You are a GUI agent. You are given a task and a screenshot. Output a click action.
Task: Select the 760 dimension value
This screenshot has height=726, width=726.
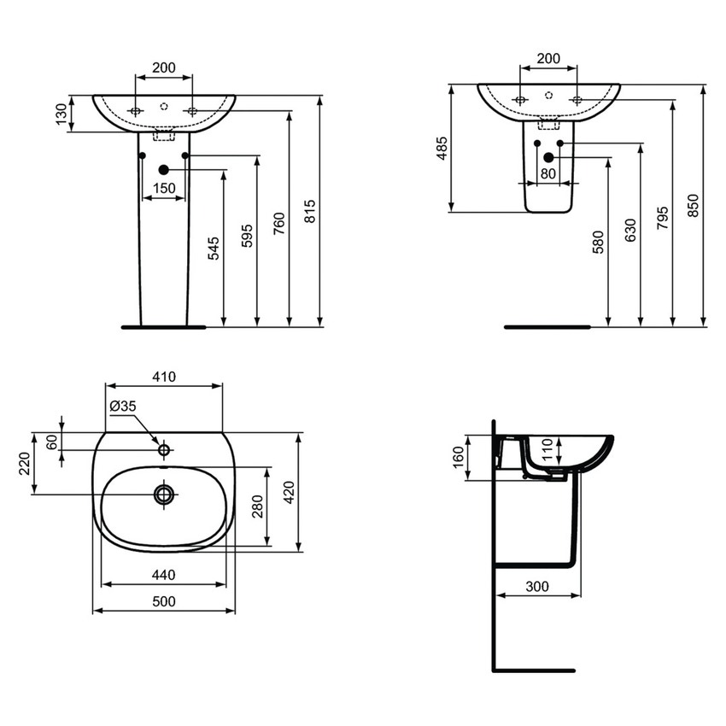279,222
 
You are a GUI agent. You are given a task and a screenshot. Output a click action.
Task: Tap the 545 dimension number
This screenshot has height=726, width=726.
214,249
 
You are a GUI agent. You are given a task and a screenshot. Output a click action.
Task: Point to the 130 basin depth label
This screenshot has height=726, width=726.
60,113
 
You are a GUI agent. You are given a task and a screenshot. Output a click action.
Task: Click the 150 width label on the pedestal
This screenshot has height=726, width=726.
164,188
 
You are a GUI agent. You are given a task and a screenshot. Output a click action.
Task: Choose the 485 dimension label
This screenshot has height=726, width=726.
441,149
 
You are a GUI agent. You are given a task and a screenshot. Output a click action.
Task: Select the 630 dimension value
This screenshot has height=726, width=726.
630,231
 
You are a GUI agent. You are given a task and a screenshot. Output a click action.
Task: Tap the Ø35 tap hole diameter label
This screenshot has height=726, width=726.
122,407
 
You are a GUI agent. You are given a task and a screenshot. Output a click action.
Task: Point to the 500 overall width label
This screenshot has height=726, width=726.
164,601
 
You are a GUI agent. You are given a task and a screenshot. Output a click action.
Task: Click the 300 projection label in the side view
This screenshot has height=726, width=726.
537,586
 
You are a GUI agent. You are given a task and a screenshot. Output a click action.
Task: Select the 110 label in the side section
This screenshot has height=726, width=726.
550,447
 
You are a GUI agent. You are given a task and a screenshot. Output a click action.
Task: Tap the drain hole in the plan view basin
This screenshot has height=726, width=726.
163,493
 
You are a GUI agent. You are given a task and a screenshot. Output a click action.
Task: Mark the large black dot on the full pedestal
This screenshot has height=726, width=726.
164,170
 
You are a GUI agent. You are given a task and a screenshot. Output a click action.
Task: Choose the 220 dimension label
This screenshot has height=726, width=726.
23,464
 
